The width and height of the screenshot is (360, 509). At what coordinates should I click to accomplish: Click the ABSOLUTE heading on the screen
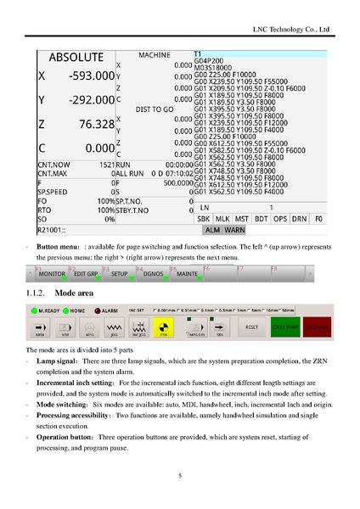coord(76,58)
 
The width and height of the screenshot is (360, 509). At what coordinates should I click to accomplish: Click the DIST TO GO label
coord(155,109)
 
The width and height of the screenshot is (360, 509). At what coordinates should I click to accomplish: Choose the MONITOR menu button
coord(53,275)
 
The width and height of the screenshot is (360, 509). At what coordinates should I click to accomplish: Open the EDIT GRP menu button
coord(87,275)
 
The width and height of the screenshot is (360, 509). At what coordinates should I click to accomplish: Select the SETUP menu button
coord(120,275)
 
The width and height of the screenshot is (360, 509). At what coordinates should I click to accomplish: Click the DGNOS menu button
coord(154,275)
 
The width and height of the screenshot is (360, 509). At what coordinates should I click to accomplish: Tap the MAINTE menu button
coord(187,275)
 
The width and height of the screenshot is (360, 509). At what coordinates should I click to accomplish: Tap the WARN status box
coord(234,229)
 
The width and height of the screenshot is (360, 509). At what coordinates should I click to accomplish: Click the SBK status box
coord(204,218)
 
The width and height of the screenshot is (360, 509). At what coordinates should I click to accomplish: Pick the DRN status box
coord(297,218)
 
